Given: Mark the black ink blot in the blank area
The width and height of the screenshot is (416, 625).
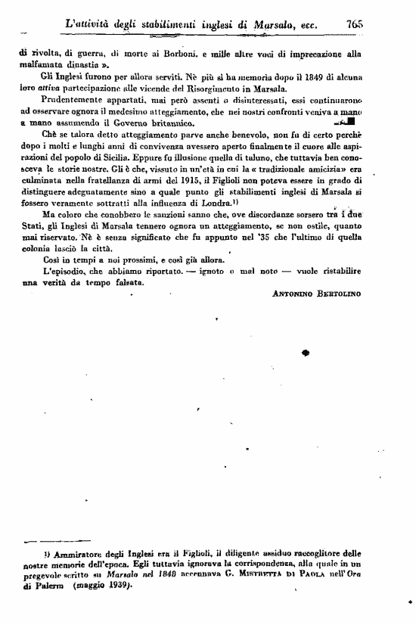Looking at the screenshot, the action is coord(306,352).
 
